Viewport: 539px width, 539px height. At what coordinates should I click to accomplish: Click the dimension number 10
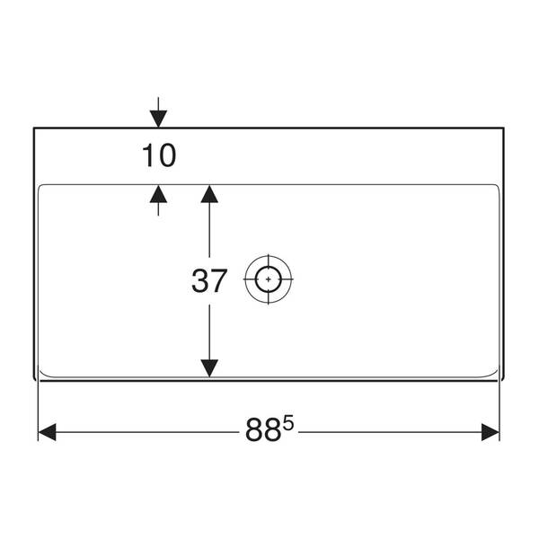coord(159,155)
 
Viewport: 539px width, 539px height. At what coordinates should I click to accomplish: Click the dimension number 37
coord(209,281)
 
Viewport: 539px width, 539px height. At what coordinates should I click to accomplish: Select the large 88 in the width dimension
coord(263,430)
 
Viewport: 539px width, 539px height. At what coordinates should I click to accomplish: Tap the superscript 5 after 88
coord(288,423)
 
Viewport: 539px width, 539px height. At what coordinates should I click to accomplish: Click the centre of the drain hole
coord(268,279)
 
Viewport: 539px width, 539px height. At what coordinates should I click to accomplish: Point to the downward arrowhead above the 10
coord(158,119)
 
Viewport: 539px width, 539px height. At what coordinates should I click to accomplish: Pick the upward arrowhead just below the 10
coord(158,194)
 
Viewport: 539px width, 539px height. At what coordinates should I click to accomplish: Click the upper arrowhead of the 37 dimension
coord(209,194)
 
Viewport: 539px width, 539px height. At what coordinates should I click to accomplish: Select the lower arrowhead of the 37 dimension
coord(209,368)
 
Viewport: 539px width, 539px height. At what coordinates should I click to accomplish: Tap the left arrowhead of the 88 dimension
coord(47,432)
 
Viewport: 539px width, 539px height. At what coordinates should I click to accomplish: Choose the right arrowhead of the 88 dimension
coord(490,432)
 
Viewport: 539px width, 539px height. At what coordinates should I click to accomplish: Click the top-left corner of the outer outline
coord(34,128)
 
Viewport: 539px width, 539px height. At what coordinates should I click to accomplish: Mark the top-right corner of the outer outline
coord(504,128)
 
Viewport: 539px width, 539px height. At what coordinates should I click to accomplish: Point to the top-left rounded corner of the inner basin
coord(40,186)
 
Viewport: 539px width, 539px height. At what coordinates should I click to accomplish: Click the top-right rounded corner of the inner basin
coord(498,186)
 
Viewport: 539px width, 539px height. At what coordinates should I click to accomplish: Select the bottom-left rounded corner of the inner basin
coord(42,374)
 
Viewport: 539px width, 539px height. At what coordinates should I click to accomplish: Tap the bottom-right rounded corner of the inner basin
coord(495,374)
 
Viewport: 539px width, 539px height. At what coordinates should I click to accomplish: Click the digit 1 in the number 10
coord(148,155)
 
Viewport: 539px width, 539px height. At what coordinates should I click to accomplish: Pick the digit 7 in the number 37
coord(219,281)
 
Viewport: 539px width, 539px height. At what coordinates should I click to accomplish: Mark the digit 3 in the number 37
coord(199,281)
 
